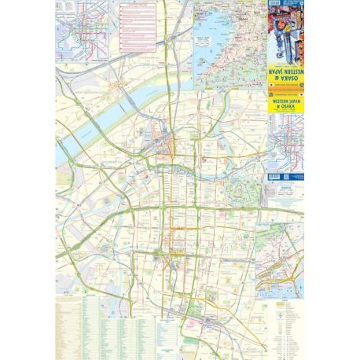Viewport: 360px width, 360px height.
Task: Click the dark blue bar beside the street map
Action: coord(285,174)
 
